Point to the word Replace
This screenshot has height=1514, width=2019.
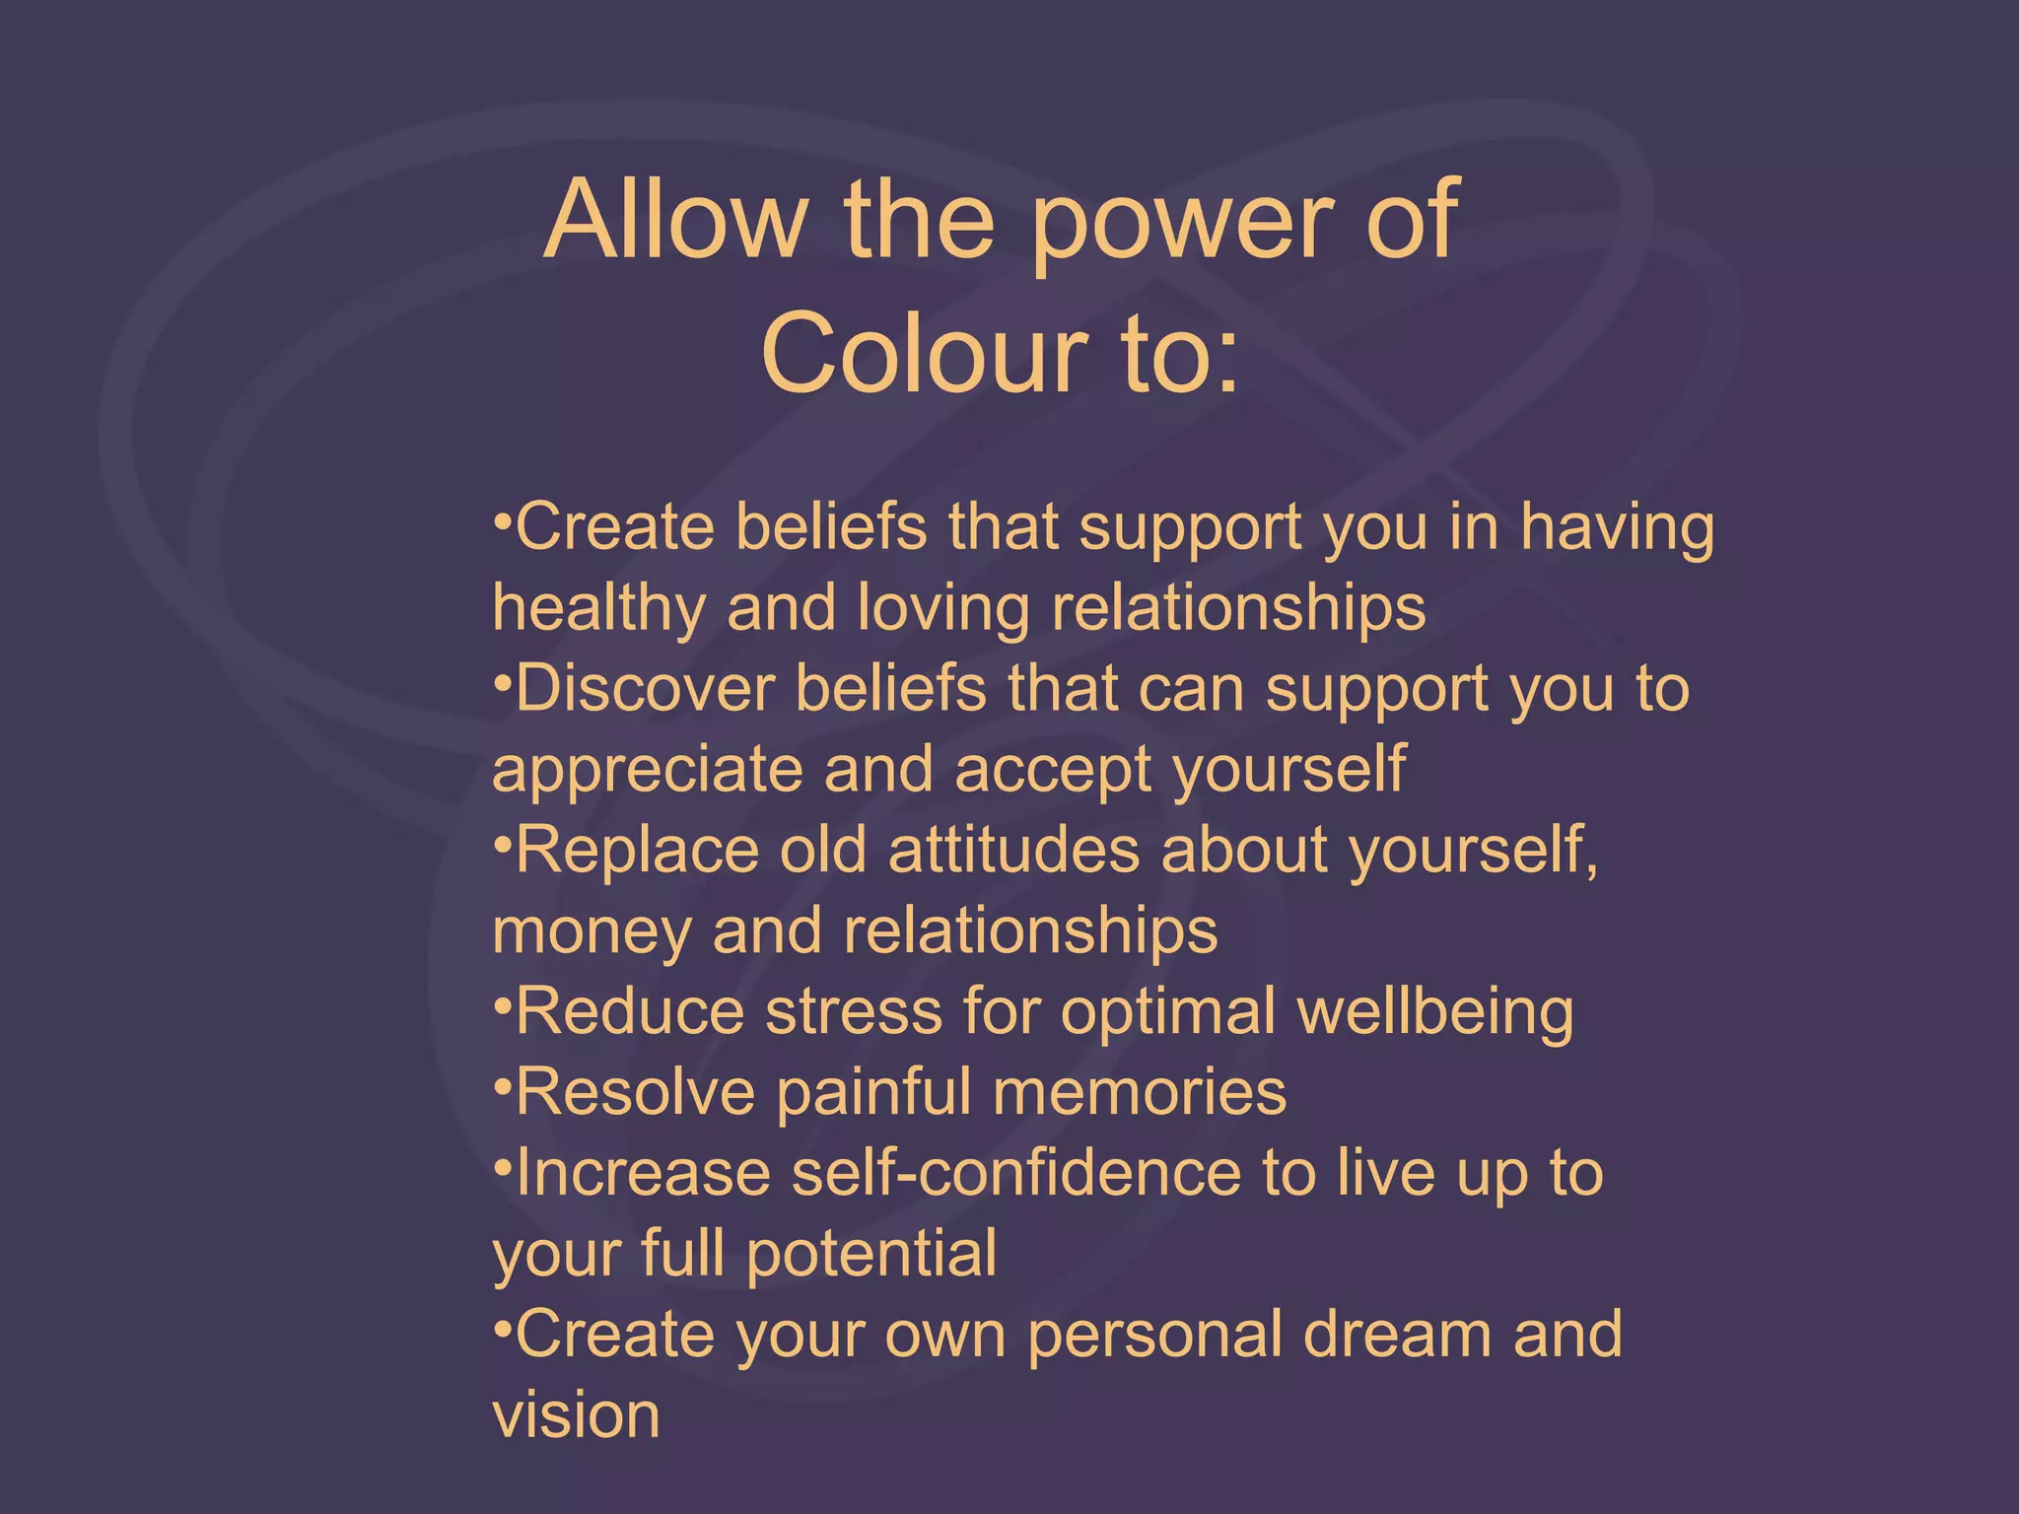click(637, 850)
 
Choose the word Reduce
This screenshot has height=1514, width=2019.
click(630, 1011)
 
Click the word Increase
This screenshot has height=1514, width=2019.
click(643, 1173)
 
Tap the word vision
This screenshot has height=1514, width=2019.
click(576, 1415)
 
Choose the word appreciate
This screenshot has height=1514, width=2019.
click(648, 772)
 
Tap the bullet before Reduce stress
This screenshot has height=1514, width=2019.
click(502, 1004)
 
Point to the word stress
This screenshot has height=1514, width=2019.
click(854, 1013)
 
